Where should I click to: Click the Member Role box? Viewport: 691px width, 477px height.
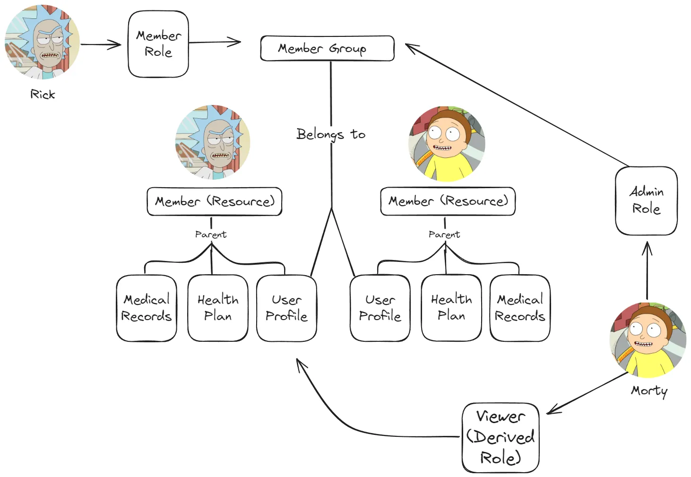(158, 44)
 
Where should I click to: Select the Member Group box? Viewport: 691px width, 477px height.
(327, 48)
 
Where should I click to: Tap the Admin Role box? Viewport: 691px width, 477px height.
(646, 200)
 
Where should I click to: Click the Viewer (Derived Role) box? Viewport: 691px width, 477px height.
(501, 437)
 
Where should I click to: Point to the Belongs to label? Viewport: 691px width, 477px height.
(331, 134)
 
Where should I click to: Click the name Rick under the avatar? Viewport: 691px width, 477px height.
(43, 95)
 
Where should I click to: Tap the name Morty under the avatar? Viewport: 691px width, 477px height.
(649, 390)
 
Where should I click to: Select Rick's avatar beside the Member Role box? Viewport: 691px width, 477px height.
(42, 42)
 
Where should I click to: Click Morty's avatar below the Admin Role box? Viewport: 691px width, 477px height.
(648, 340)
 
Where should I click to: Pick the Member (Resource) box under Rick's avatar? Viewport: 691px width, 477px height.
(215, 201)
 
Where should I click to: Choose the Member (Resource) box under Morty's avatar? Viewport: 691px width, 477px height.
(448, 201)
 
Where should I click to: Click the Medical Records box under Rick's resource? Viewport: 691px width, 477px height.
(147, 308)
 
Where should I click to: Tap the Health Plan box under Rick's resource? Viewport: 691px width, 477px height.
(218, 308)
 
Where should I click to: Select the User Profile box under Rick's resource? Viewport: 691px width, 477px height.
(286, 308)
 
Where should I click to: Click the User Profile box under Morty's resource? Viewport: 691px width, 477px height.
(380, 308)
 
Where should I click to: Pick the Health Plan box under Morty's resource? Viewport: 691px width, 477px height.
(451, 308)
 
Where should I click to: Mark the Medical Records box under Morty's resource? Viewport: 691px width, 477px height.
(520, 308)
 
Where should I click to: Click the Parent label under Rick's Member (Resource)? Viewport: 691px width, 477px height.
(211, 234)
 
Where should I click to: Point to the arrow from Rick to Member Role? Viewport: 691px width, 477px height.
(101, 44)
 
